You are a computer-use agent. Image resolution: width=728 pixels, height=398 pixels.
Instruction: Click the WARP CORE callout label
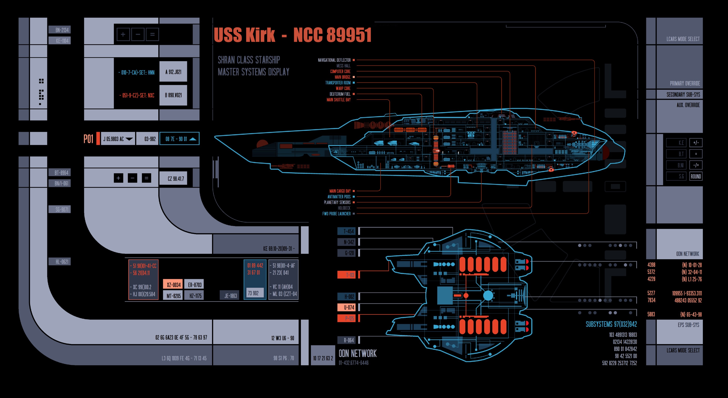pyautogui.click(x=343, y=88)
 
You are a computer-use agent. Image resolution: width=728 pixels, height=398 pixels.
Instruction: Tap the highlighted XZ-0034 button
pyautogui.click(x=173, y=284)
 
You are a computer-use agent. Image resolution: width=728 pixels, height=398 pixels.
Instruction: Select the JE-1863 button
pyautogui.click(x=230, y=296)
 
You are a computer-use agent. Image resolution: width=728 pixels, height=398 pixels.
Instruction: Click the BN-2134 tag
pyautogui.click(x=61, y=30)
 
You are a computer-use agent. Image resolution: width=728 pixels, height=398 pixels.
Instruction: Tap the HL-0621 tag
pyautogui.click(x=61, y=262)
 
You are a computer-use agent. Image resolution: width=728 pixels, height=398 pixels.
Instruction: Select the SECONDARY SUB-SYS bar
pyautogui.click(x=683, y=95)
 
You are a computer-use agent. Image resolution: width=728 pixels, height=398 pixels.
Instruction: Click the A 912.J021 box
pyautogui.click(x=173, y=72)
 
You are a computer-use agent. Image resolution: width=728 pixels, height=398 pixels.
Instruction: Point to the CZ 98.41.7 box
pyautogui.click(x=176, y=179)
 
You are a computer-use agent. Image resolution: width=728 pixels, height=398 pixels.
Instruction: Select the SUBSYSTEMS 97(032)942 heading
pyautogui.click(x=611, y=324)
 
